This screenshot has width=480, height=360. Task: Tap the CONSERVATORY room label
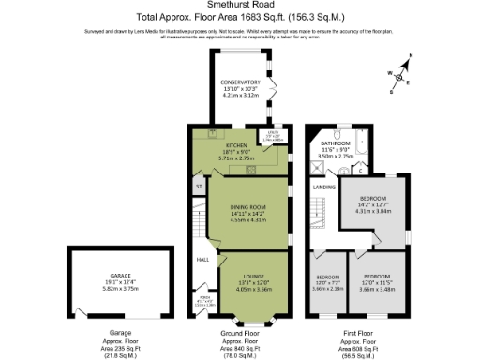click(240, 82)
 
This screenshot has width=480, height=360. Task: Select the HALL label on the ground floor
click(201, 260)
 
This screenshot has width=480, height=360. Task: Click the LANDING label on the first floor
click(323, 187)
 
